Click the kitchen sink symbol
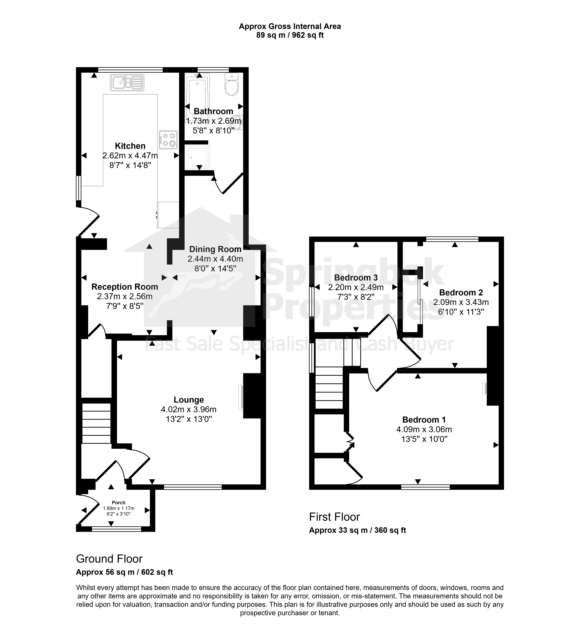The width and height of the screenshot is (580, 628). point(127,83)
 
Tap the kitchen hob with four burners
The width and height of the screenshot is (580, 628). point(168,140)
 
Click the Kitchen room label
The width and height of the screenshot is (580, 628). point(130,146)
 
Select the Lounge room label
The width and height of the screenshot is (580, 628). point(189,400)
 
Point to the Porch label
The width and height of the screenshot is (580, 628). point(119,502)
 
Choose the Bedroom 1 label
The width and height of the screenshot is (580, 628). point(424,420)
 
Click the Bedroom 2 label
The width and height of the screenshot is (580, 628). point(461,293)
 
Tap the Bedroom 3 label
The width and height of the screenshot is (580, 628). point(356,277)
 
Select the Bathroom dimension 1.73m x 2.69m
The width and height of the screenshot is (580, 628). point(214,121)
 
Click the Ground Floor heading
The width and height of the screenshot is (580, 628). point(109,559)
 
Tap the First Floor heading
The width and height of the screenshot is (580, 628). point(335,517)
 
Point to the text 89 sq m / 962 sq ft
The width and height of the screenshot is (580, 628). point(290,35)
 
